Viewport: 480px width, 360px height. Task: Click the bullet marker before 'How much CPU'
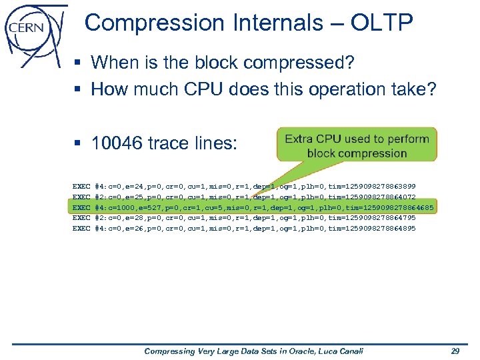click(79, 89)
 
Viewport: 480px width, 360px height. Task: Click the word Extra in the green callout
click(300, 139)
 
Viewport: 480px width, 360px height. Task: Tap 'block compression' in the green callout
click(357, 153)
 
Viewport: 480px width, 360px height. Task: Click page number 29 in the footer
click(455, 351)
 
